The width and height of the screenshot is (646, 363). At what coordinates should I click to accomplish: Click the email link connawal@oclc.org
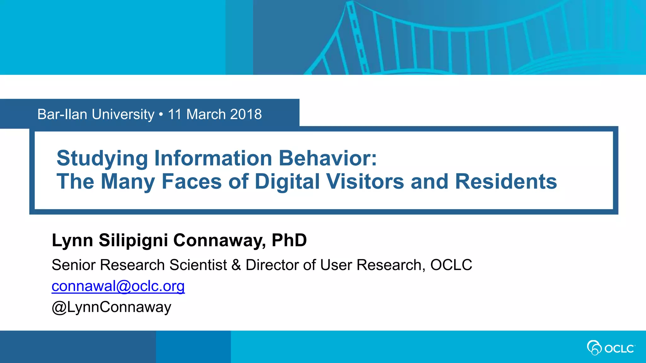tap(118, 286)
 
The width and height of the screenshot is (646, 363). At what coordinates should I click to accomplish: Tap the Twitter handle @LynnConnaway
tap(111, 307)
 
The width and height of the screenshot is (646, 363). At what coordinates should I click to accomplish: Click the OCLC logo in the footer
tap(611, 348)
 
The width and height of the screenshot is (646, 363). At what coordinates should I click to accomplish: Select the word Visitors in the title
tap(365, 181)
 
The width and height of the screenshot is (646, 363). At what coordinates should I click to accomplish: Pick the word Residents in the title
tap(506, 181)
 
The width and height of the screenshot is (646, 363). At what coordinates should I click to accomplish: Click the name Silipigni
tap(133, 240)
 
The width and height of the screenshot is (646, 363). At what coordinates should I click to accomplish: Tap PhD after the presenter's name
tap(289, 240)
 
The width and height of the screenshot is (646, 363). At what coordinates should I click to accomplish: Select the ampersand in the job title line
tap(236, 265)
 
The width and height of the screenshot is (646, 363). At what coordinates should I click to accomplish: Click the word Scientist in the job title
tap(198, 265)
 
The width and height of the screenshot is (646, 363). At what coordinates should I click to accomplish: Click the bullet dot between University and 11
tap(161, 114)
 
